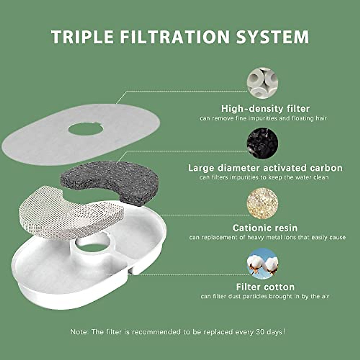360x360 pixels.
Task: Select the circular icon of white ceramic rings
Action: click(262, 83)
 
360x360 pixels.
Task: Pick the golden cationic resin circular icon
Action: click(262, 203)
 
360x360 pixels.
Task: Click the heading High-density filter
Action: click(265, 108)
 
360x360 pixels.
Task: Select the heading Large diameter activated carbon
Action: click(265, 168)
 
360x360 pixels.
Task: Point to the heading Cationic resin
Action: click(265, 228)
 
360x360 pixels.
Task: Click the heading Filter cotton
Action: click(265, 287)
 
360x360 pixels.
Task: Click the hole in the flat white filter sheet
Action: click(85, 129)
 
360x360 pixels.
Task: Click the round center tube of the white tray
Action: click(91, 247)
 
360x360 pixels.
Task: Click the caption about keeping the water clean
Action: click(264, 177)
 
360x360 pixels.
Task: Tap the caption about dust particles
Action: click(265, 296)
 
